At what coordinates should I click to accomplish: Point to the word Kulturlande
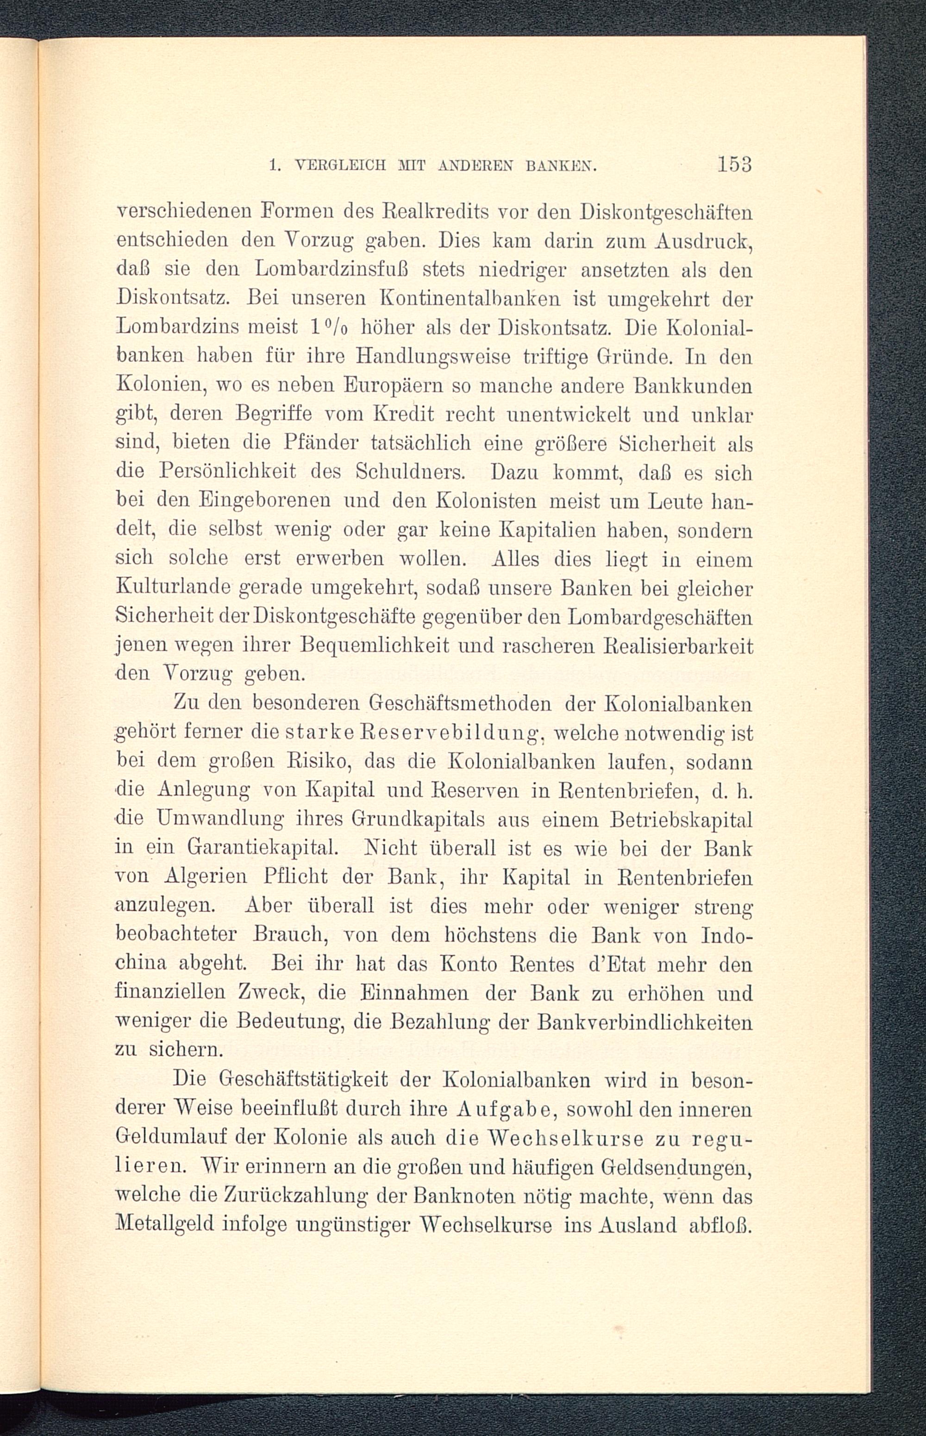point(174,588)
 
